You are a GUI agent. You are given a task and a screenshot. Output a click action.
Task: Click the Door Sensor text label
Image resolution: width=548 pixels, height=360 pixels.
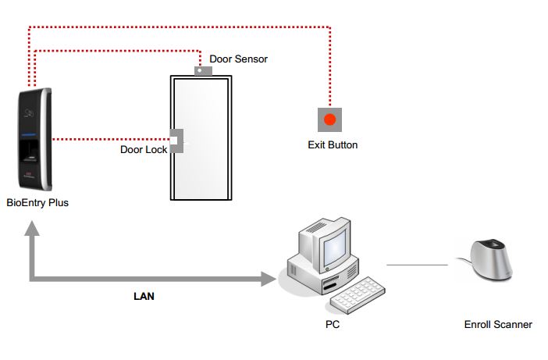238,59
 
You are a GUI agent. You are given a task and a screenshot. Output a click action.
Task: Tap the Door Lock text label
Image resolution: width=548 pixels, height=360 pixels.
144,150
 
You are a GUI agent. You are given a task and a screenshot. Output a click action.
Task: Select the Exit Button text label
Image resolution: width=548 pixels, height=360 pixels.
333,145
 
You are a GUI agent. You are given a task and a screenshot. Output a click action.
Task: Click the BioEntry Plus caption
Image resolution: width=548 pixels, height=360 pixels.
37,203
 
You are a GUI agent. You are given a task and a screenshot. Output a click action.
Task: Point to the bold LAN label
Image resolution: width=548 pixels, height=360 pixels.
144,297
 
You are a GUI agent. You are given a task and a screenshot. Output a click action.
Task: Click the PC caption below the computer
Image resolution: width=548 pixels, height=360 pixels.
333,324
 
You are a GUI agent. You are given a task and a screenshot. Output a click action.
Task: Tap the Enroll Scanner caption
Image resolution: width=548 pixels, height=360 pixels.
498,325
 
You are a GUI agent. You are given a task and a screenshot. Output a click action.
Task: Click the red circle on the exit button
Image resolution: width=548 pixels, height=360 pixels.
329,119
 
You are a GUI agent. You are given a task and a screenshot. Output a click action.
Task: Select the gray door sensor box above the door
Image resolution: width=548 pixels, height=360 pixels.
203,71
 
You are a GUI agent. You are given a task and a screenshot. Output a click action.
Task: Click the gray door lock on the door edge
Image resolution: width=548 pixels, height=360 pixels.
177,141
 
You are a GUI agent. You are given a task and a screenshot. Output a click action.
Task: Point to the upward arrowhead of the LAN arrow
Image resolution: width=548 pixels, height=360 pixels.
32,228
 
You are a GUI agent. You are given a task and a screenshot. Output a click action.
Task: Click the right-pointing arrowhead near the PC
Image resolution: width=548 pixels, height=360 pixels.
269,279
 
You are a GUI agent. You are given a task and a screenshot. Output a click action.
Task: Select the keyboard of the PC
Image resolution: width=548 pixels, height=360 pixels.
358,296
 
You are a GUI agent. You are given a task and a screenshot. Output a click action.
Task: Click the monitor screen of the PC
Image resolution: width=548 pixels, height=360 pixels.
334,248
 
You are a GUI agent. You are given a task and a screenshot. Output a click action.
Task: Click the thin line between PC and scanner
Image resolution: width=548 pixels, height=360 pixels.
417,265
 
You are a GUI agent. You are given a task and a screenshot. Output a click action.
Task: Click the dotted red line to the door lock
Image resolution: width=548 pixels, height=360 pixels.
111,140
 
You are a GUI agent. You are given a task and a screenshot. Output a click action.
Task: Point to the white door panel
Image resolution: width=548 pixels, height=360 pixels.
201,138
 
